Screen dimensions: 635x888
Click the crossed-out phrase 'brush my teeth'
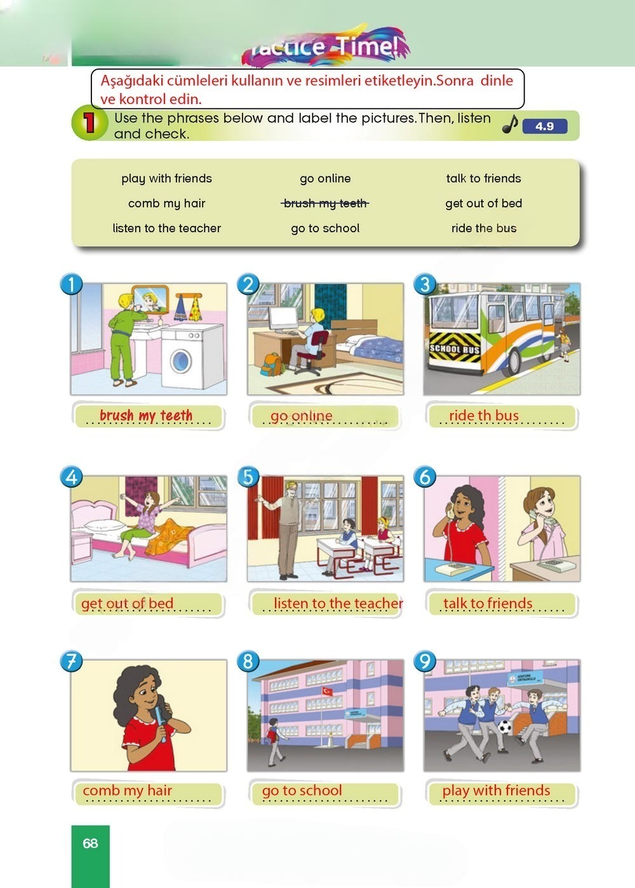325,204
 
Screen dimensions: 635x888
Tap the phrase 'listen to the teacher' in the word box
166,228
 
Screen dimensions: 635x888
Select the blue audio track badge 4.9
545,126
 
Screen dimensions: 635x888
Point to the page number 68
90,843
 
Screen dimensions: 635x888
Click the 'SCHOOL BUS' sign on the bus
455,349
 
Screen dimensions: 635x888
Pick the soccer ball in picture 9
504,727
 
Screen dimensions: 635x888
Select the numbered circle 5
248,477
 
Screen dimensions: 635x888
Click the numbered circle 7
71,661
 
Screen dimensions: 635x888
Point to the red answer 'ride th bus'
484,415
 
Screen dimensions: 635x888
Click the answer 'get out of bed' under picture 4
128,604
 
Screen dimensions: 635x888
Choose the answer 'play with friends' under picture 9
496,790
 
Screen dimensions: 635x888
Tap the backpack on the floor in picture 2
272,364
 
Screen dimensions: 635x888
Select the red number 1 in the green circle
90,122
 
